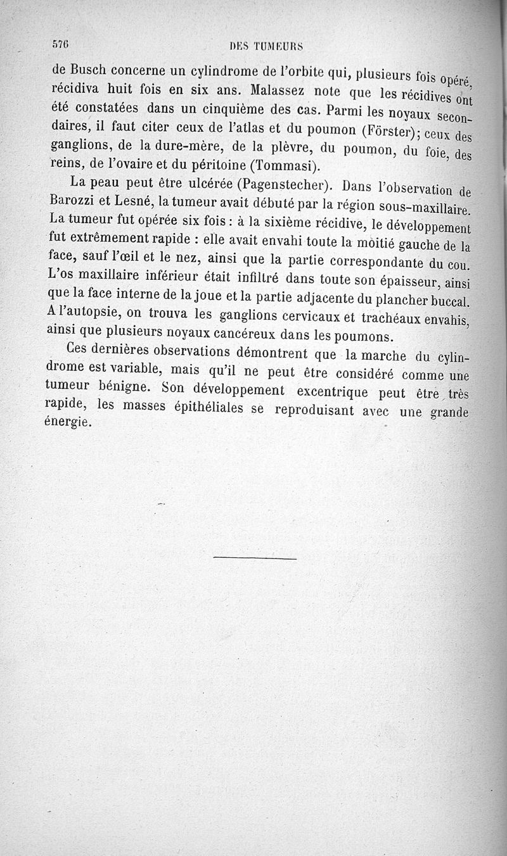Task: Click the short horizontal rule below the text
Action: (x=255, y=558)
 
